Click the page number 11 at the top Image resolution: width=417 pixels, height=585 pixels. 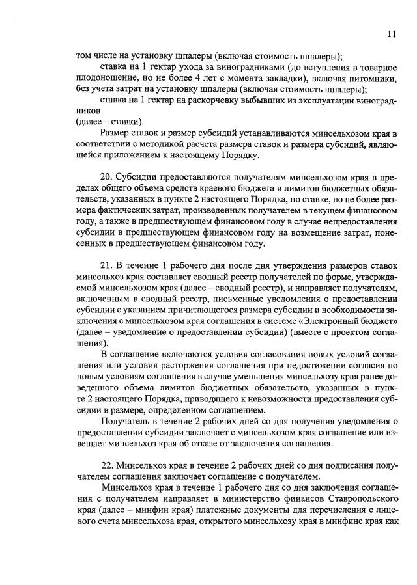point(390,34)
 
